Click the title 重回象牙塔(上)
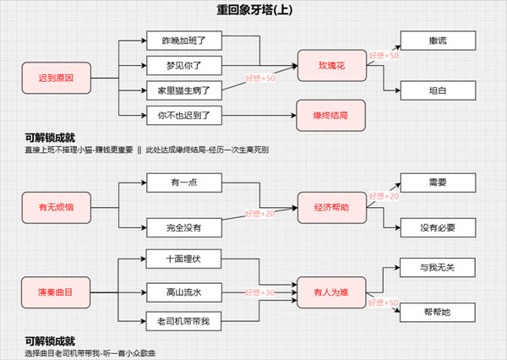coord(253,11)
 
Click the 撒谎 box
coord(437,41)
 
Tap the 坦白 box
coord(437,90)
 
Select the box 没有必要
coord(437,228)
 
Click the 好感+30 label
coord(259,292)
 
